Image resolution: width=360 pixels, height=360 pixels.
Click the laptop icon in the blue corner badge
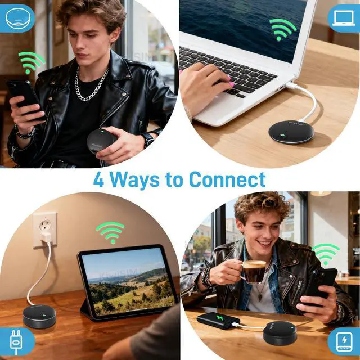pyautogui.click(x=343, y=18)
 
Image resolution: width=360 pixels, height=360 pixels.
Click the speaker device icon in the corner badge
pyautogui.click(x=16, y=18)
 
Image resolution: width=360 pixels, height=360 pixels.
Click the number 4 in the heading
pyautogui.click(x=99, y=180)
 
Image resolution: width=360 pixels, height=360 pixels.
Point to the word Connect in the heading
pyautogui.click(x=227, y=180)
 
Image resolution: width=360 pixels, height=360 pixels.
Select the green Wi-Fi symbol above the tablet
pyautogui.click(x=110, y=231)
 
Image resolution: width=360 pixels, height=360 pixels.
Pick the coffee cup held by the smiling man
pyautogui.click(x=253, y=271)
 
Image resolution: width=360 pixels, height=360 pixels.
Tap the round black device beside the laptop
pyautogui.click(x=291, y=132)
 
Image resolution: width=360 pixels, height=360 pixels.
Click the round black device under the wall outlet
pyautogui.click(x=39, y=316)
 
